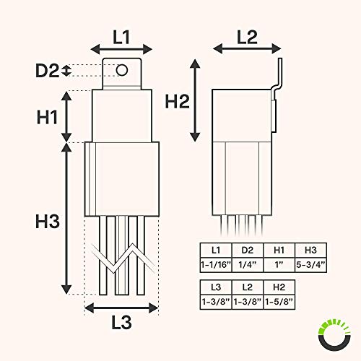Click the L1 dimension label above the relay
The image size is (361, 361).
tap(121, 34)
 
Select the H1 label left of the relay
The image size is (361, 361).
tap(48, 116)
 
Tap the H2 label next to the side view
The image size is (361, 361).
tap(176, 102)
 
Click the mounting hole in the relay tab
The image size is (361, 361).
tap(122, 70)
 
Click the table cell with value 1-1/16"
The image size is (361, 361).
tap(216, 264)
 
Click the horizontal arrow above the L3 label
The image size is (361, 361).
tap(121, 309)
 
